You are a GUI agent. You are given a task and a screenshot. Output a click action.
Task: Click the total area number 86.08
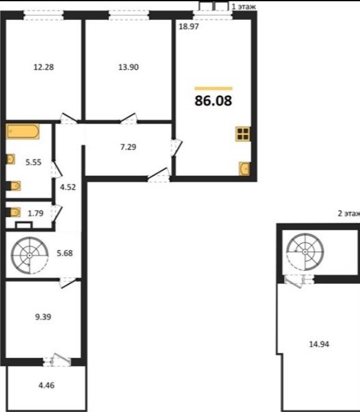213,100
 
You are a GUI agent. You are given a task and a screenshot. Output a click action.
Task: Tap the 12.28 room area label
44,67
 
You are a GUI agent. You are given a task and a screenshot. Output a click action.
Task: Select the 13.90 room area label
129,67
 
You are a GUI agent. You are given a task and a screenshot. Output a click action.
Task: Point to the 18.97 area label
188,26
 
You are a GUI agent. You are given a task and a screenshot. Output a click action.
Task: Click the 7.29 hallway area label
128,147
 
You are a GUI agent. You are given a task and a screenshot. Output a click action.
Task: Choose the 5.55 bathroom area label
34,162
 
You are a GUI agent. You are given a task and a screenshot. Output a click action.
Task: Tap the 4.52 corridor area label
68,187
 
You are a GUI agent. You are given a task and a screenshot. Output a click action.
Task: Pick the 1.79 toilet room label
35,213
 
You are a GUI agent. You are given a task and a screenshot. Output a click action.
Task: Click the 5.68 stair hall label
65,253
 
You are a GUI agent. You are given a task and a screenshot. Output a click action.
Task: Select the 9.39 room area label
43,317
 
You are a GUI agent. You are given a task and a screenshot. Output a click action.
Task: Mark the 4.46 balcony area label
47,385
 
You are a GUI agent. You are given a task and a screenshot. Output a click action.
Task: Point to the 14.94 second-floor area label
319,344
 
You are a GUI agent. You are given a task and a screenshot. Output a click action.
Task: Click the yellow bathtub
23,131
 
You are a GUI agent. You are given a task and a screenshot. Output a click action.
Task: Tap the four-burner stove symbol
242,134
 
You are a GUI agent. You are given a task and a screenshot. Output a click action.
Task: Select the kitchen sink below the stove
244,169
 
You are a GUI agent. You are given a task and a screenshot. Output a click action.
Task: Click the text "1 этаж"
244,7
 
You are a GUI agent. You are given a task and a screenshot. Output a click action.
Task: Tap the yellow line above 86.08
213,88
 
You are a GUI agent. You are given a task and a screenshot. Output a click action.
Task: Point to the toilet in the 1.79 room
15,212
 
